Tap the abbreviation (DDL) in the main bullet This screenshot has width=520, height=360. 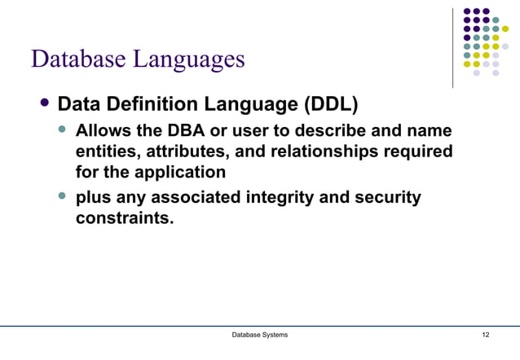pyautogui.click(x=331, y=105)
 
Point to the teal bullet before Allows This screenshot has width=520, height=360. pyautogui.click(x=63, y=130)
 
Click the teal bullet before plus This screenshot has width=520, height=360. pyautogui.click(x=63, y=196)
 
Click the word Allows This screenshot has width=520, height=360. pyautogui.click(x=102, y=131)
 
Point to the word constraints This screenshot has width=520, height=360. pyautogui.click(x=124, y=218)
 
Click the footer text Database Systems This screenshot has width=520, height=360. pyautogui.click(x=259, y=336)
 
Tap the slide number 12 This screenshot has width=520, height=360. pyautogui.click(x=486, y=336)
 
